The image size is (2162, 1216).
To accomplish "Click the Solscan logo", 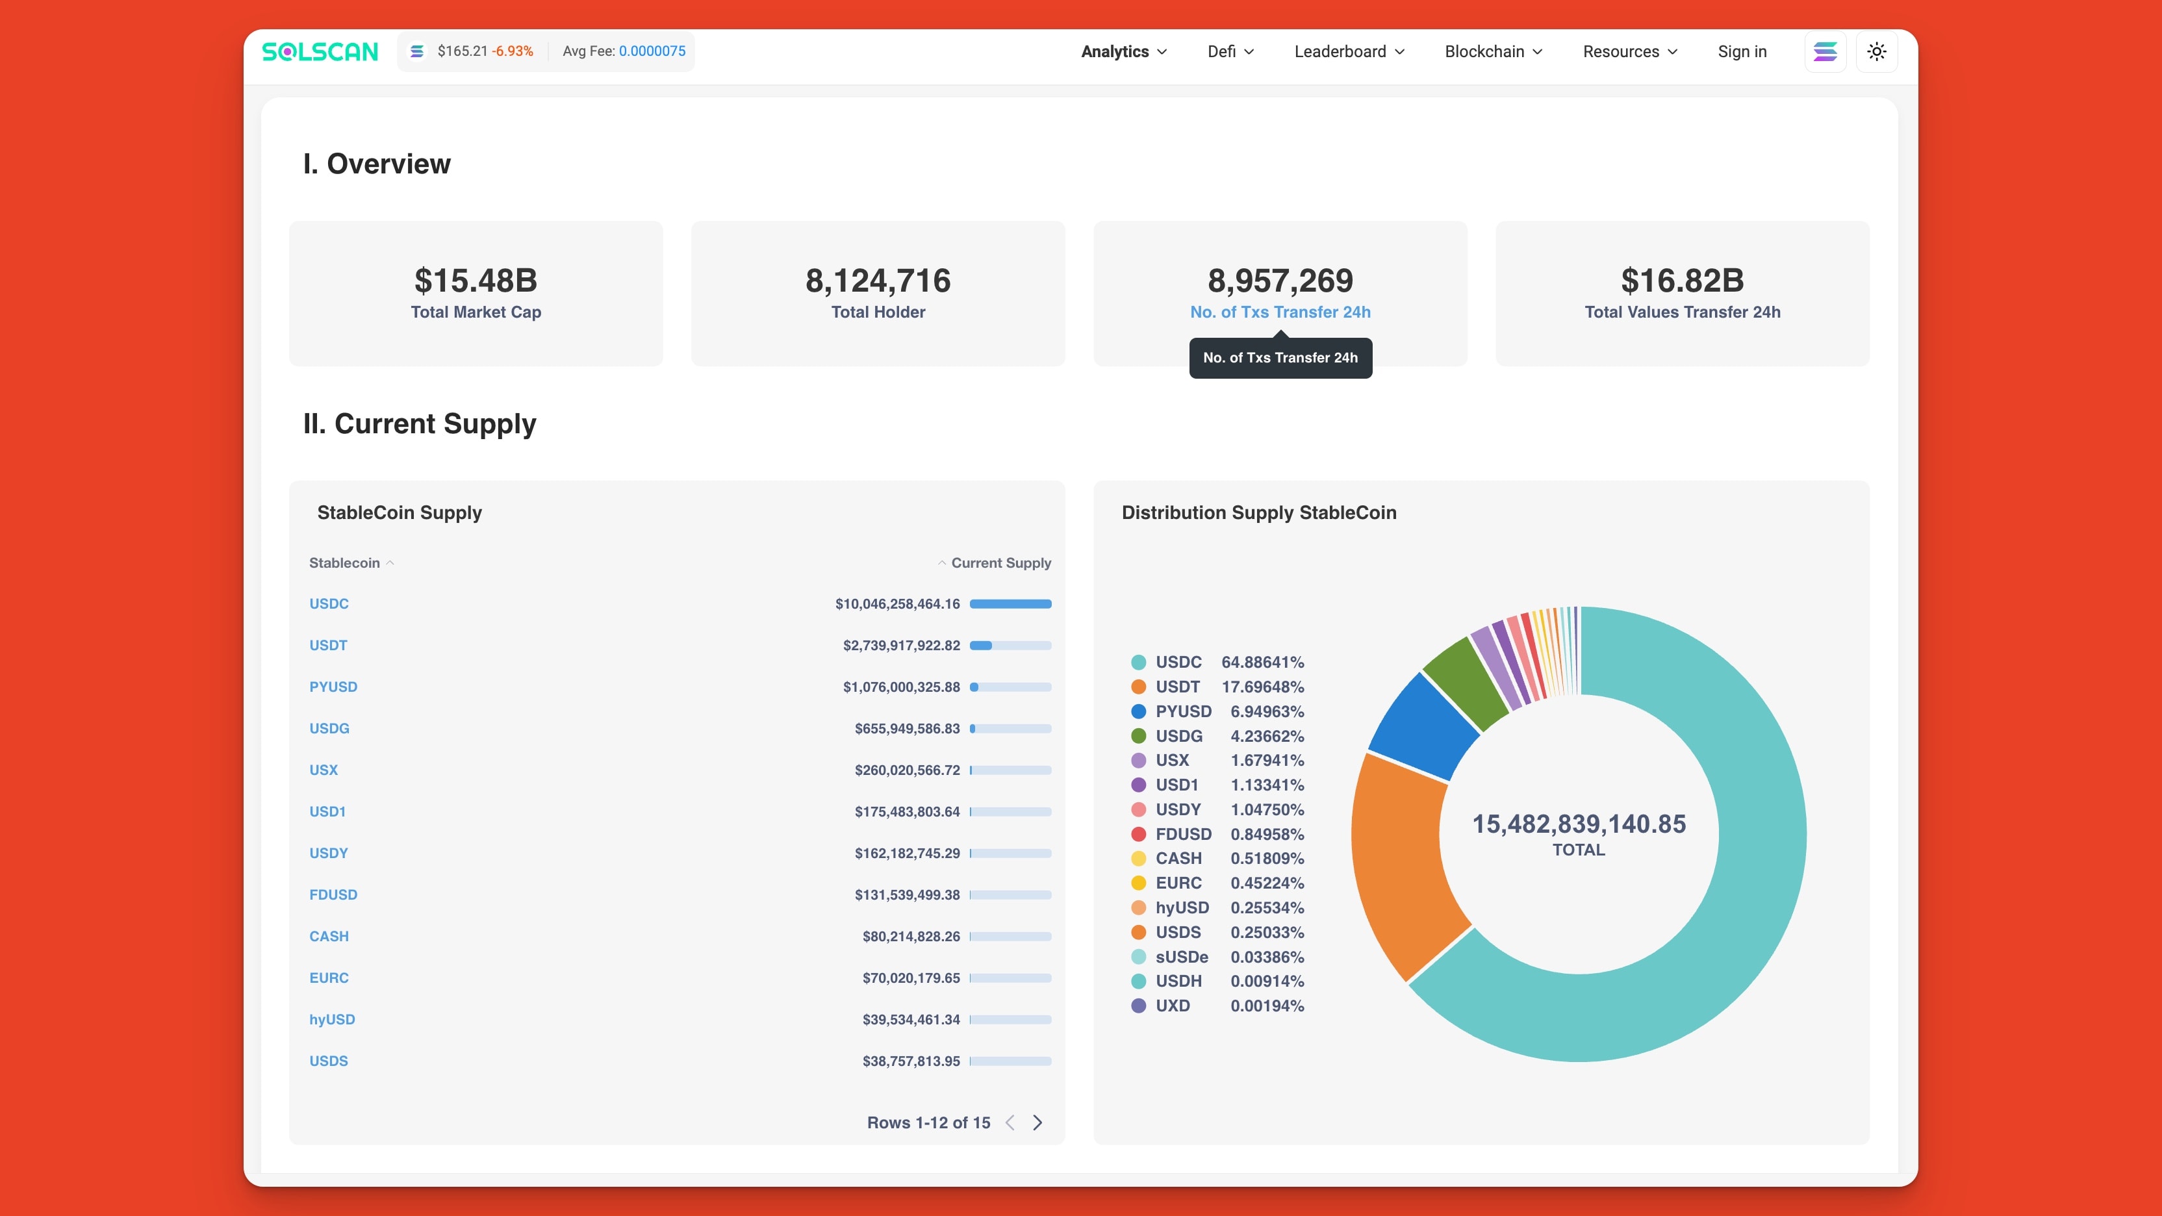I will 320,51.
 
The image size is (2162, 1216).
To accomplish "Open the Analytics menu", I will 1123,51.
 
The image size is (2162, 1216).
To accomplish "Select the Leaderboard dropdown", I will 1349,51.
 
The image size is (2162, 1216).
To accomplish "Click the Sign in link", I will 1742,51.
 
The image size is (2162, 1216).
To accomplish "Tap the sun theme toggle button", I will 1877,51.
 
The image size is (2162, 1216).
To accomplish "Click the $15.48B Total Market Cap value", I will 475,281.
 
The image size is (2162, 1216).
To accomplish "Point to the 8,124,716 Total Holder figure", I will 878,281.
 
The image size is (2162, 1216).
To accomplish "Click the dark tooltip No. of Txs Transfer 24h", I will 1280,357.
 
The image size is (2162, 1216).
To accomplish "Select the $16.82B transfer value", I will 1682,281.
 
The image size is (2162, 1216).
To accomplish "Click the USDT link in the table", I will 328,645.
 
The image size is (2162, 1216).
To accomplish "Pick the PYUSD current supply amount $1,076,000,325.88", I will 900,687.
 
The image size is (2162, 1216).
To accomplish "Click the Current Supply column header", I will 1000,563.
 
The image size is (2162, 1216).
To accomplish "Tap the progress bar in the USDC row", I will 1010,603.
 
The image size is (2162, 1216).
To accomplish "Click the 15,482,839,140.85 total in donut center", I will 1578,824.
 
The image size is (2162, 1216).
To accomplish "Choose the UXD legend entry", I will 1172,1006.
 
